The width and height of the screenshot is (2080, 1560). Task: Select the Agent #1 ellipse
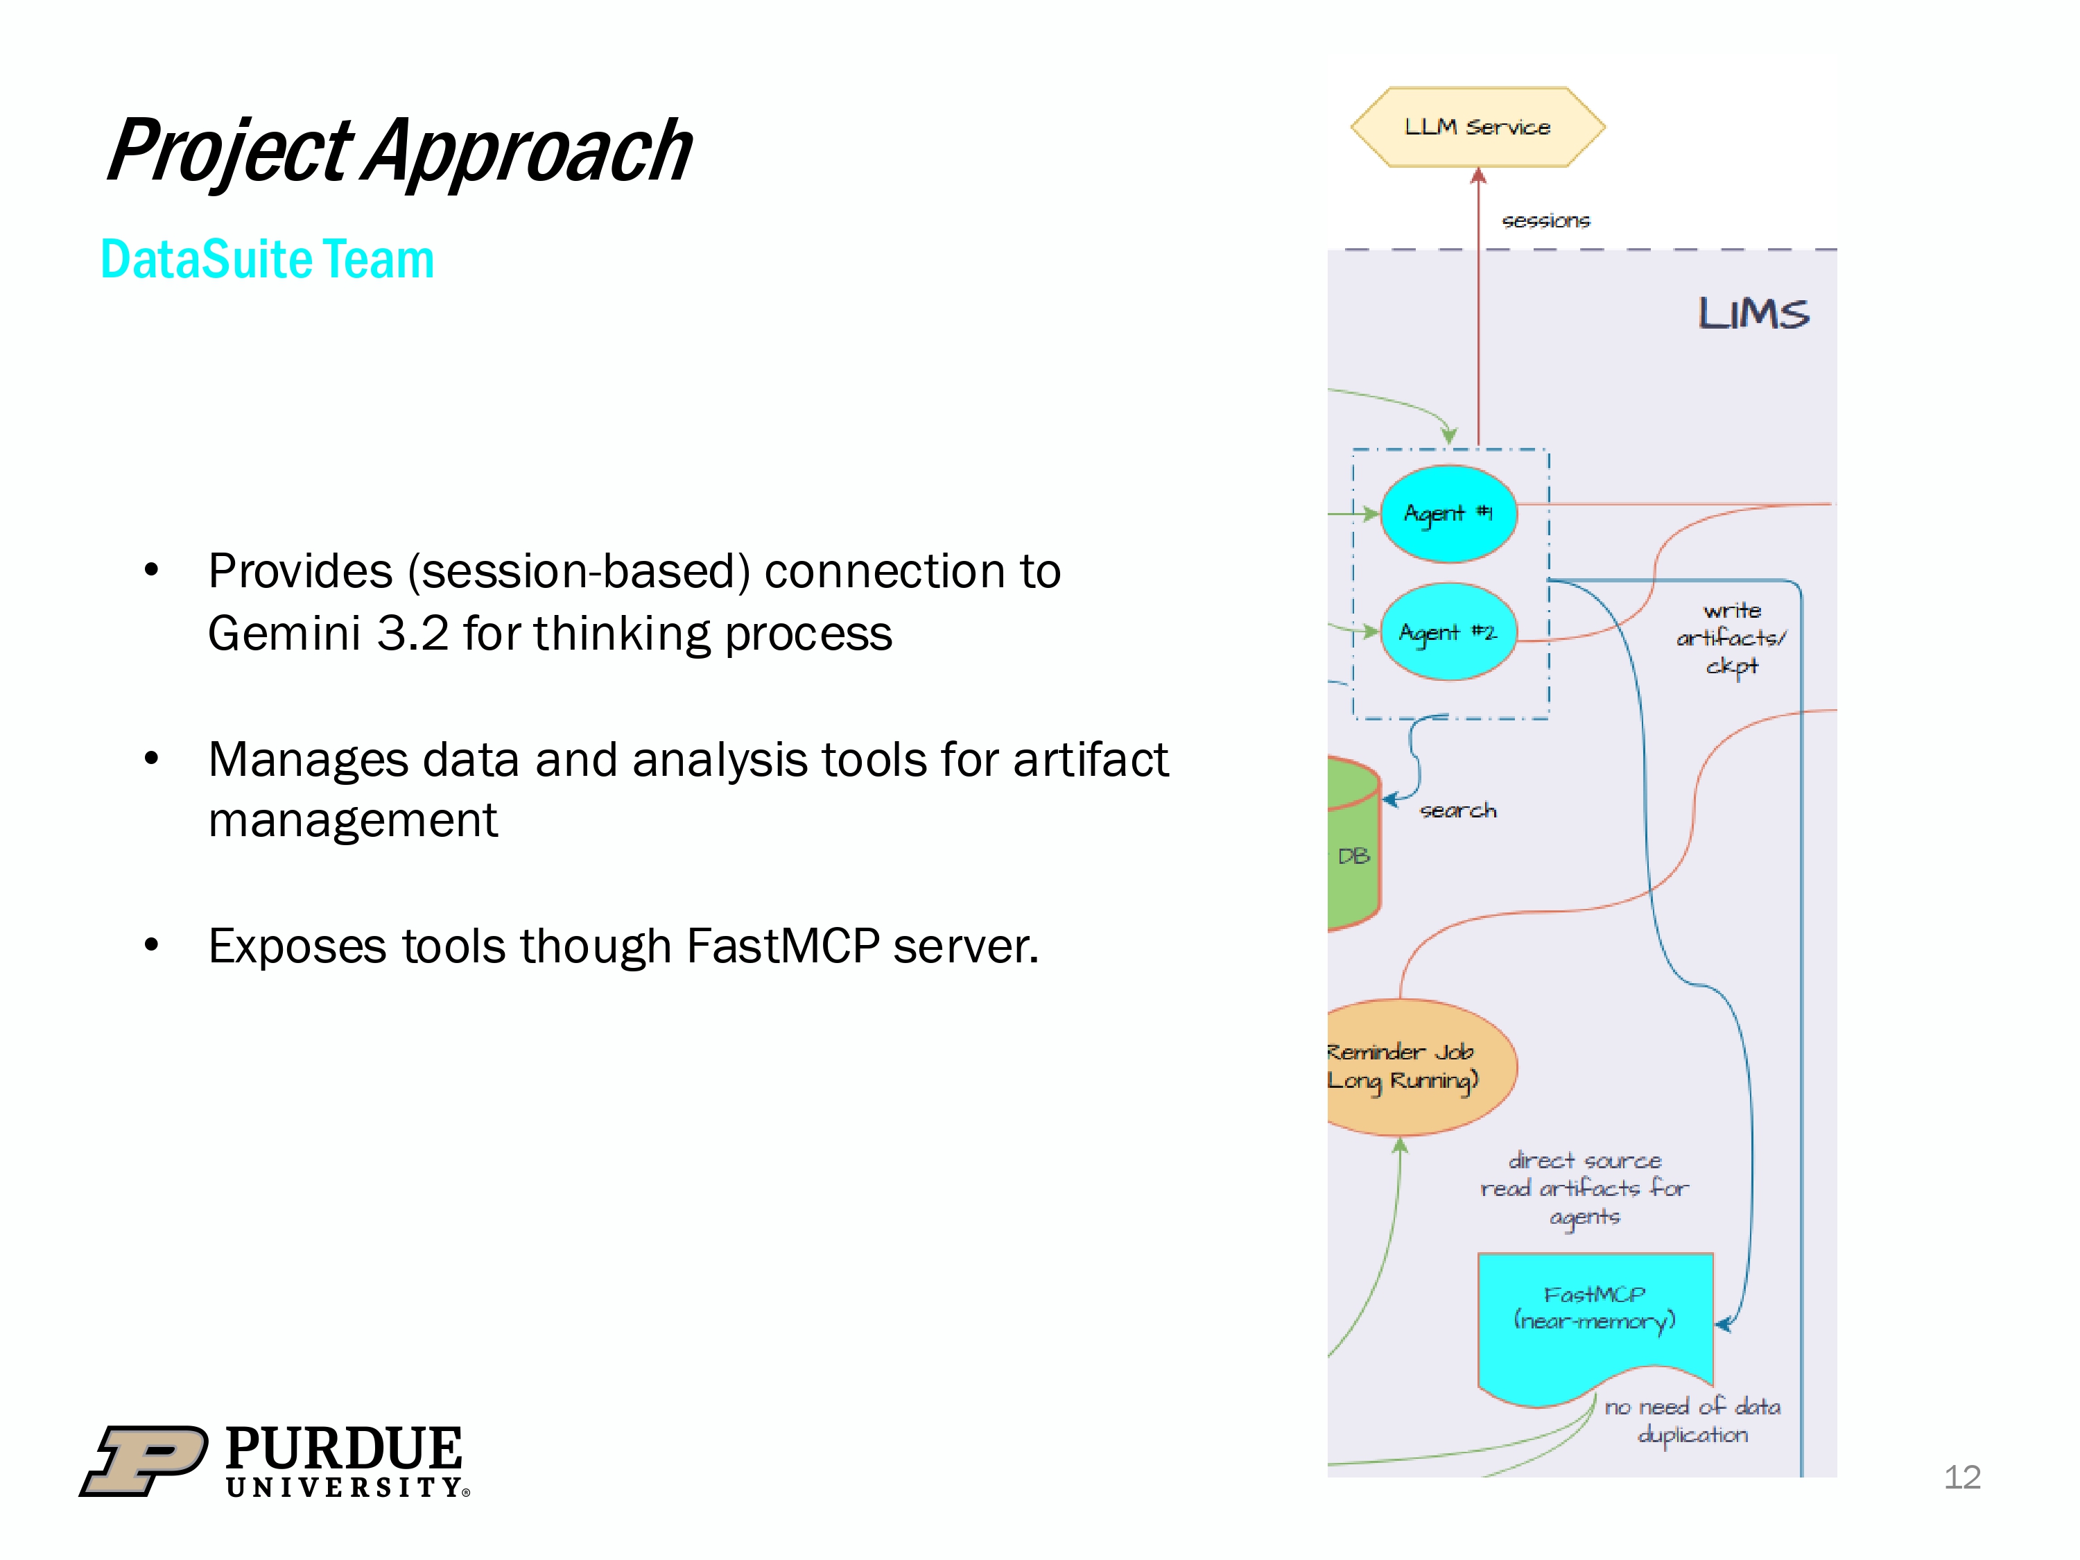[1448, 514]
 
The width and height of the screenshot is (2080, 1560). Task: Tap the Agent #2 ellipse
[1448, 632]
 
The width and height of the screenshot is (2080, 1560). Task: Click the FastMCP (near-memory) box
[1595, 1317]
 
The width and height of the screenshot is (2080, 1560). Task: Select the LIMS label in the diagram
[1753, 313]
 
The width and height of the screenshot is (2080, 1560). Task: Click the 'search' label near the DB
[1457, 811]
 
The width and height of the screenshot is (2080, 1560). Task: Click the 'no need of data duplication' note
[1692, 1421]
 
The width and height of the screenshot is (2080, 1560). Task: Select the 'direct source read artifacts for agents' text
[1584, 1188]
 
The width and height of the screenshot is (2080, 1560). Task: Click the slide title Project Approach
[399, 150]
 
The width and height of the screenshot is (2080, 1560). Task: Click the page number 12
[1961, 1477]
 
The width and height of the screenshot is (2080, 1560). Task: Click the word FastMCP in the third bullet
[782, 946]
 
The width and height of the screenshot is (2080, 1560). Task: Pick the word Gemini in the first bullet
[284, 633]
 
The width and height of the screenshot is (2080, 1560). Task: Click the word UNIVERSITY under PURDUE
[344, 1488]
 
